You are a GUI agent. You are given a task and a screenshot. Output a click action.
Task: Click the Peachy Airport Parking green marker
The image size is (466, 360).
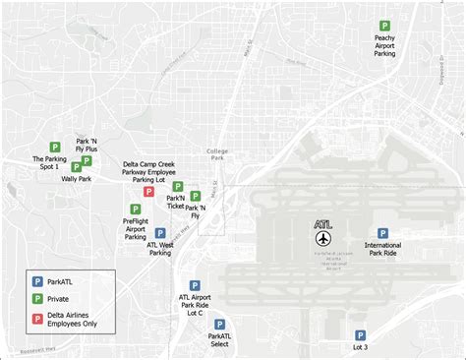[384, 26]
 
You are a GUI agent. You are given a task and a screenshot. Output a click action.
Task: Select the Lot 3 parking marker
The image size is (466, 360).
[360, 334]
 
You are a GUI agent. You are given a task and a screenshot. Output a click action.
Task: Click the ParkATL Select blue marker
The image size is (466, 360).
[219, 323]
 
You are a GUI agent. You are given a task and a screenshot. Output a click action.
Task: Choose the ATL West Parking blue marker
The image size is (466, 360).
[160, 233]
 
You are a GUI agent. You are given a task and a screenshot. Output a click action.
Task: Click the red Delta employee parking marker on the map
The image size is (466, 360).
[148, 192]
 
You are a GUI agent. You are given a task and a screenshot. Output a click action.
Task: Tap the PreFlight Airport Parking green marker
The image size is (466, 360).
[136, 209]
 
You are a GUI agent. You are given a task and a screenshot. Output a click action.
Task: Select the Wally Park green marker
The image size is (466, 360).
[77, 167]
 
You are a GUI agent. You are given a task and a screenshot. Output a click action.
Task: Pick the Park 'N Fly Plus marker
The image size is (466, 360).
[87, 160]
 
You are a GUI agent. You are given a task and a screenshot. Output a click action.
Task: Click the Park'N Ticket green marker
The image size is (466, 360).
[178, 186]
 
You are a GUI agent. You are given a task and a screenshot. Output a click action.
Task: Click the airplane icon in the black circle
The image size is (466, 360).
[324, 239]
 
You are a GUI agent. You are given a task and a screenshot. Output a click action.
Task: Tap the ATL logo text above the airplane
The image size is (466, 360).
[323, 224]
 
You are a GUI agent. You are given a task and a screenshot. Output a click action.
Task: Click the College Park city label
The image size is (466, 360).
[217, 154]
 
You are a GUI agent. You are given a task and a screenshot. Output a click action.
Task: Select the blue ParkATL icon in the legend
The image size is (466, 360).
[37, 280]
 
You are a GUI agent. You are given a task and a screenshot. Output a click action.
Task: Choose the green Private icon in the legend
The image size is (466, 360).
[37, 297]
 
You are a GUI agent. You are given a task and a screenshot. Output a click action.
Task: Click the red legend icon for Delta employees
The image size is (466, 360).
[37, 315]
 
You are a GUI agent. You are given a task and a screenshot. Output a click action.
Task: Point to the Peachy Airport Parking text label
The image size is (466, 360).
[384, 45]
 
